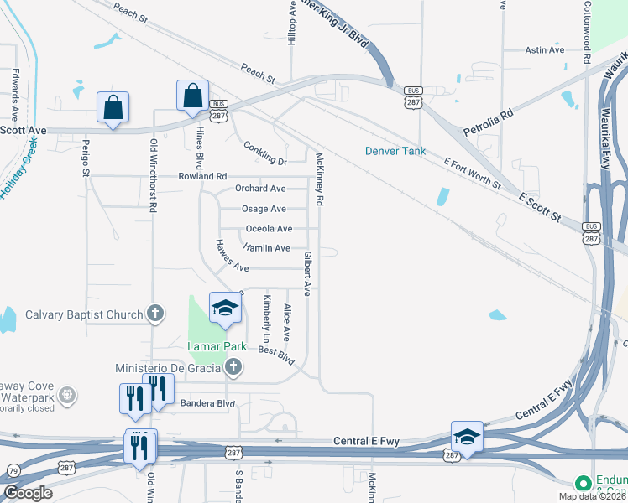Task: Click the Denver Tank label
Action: tap(395, 152)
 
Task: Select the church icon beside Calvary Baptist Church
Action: tap(154, 314)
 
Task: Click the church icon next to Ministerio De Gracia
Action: tap(234, 366)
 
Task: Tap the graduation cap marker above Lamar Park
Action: tap(224, 309)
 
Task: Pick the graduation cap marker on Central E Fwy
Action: tap(467, 437)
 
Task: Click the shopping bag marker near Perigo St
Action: tap(113, 108)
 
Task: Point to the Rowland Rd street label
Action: tap(202, 177)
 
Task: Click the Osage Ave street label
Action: tap(264, 209)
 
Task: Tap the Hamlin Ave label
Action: tap(266, 248)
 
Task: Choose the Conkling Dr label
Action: tap(265, 153)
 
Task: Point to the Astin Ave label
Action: tap(545, 50)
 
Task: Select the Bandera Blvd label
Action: tap(207, 404)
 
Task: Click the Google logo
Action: tap(28, 493)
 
